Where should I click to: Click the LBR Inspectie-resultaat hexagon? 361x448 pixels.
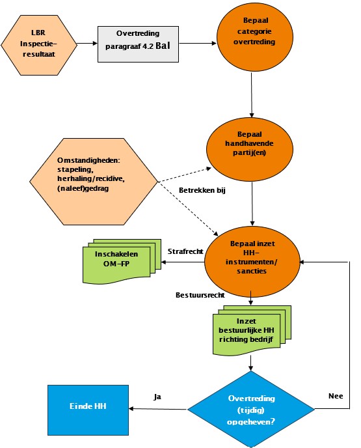[39, 45]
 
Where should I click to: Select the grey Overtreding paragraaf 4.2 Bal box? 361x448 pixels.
[138, 44]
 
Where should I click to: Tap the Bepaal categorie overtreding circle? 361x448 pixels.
[255, 37]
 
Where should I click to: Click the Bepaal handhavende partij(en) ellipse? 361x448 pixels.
[250, 149]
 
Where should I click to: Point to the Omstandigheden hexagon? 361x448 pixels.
[94, 182]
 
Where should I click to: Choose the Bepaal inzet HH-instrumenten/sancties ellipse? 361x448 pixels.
[252, 261]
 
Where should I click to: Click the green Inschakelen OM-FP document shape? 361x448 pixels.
[122, 261]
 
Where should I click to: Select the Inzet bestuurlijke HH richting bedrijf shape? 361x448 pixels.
[252, 330]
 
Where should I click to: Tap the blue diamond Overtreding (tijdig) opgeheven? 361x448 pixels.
[251, 409]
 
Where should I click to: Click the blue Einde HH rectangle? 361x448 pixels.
[88, 410]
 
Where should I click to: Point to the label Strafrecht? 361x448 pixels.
[185, 251]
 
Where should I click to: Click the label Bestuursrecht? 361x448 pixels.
[200, 295]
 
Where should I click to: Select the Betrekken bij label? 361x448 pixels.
[202, 190]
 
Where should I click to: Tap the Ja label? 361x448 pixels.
[157, 397]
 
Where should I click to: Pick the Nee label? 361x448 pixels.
[336, 396]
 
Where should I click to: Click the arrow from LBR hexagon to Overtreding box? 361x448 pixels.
[87, 44]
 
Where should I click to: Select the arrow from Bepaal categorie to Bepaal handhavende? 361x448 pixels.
[252, 95]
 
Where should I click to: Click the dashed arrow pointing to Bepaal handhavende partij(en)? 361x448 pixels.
[185, 175]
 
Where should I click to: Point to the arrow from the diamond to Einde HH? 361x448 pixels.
[158, 409]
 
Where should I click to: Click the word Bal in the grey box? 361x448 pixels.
[163, 46]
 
